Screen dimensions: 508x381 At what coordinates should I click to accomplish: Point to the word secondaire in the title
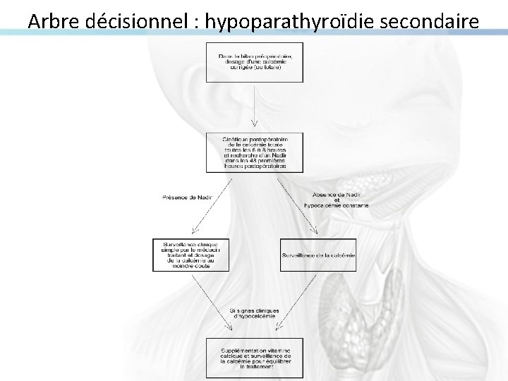click(x=431, y=21)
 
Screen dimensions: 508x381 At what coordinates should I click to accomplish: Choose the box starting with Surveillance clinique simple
click(x=190, y=255)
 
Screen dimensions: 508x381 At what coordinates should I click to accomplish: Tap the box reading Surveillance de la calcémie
click(x=318, y=255)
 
